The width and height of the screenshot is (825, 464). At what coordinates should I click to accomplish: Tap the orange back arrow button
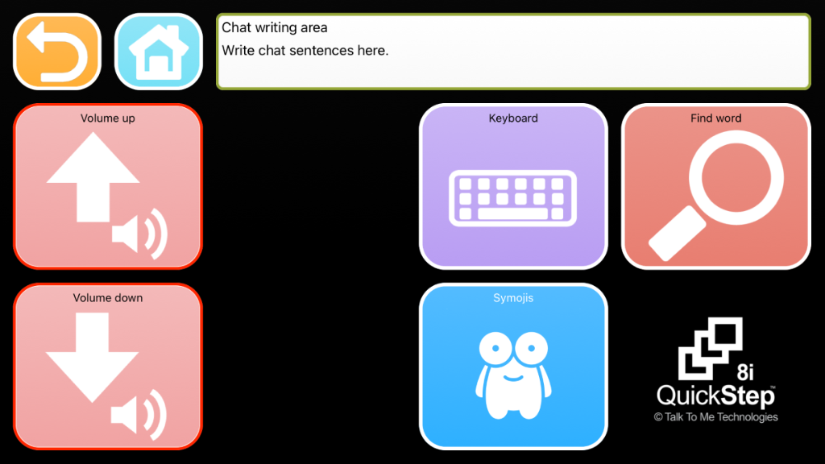[x=57, y=52]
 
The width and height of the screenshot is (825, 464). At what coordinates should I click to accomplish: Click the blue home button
[x=159, y=52]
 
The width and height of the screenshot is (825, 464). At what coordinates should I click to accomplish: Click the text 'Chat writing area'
[x=274, y=27]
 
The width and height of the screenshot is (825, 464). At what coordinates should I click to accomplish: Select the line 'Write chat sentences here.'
[x=305, y=51]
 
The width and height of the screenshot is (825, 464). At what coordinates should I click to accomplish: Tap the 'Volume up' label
[x=108, y=118]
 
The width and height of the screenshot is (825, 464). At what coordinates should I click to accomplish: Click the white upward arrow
[x=93, y=176]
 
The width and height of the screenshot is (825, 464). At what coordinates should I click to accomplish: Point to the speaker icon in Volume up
[x=140, y=234]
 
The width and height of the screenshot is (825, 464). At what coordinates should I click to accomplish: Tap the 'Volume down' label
[x=108, y=298]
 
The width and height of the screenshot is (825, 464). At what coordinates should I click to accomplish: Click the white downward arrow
[x=92, y=357]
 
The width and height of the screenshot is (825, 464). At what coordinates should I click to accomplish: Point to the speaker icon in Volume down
[x=139, y=415]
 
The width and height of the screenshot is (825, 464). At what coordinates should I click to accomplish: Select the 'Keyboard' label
[x=513, y=118]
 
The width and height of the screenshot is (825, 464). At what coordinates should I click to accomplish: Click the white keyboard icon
[x=513, y=198]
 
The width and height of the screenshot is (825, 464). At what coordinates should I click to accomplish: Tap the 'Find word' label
[x=715, y=118]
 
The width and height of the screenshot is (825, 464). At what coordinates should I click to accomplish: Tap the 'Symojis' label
[x=513, y=298]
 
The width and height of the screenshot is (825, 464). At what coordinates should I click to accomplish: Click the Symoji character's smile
[x=513, y=378]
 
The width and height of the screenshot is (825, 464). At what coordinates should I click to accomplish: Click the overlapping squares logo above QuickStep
[x=711, y=348]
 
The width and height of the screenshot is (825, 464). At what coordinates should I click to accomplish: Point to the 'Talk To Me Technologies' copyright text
[x=715, y=417]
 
